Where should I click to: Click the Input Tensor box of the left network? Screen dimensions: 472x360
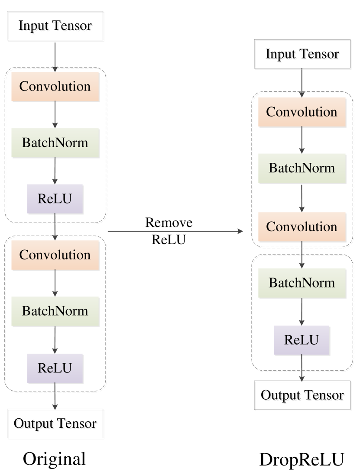56,27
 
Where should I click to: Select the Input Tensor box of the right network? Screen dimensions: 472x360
303,55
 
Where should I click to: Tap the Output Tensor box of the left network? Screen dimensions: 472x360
56,424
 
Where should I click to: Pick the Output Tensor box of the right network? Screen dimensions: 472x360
303,396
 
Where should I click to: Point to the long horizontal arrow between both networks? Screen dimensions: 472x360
175,231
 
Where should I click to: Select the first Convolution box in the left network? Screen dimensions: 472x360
55,86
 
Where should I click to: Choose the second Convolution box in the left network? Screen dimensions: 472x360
55,255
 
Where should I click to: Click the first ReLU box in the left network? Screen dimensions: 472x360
55,199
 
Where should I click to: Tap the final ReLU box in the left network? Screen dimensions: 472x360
55,368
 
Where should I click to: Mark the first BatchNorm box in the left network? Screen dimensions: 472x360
55,142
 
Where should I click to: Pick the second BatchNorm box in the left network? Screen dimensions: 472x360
55,311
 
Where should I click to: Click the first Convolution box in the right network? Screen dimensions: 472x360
302,112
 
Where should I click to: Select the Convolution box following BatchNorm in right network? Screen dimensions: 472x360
302,226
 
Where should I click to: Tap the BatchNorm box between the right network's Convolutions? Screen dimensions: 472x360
302,168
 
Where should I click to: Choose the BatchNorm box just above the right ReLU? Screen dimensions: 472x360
302,283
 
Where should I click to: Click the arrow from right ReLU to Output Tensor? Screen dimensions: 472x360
302,369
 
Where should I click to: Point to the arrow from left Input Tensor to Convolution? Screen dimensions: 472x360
55,56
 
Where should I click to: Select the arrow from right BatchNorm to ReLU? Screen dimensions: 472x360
302,312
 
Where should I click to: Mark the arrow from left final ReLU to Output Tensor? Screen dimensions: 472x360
55,397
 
